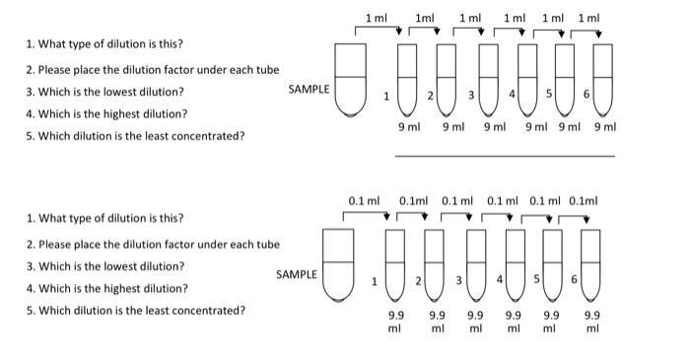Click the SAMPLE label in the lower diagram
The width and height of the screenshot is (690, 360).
pos(297,274)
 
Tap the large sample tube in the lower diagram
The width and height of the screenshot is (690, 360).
pos(339,263)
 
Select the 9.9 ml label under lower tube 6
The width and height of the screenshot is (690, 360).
pos(591,322)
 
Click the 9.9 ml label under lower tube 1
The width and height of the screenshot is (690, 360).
pos(394,322)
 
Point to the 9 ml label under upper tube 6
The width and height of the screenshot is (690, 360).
pos(604,127)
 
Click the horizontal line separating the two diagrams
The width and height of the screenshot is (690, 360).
pos(504,155)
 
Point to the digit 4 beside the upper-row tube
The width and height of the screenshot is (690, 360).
pos(512,95)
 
